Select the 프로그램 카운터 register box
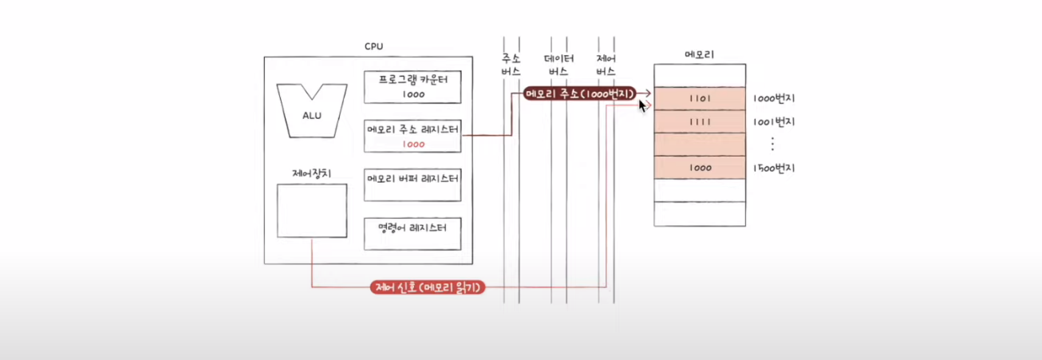click(412, 86)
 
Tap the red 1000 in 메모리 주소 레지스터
click(413, 144)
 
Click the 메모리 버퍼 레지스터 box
click(412, 184)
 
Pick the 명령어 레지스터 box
click(412, 233)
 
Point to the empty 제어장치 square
click(312, 211)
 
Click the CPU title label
click(373, 46)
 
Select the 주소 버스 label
click(511, 65)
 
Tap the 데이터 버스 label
click(558, 65)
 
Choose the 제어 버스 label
click(606, 65)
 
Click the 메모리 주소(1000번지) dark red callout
click(578, 93)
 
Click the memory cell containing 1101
click(700, 99)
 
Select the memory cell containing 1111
click(700, 122)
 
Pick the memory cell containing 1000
click(700, 168)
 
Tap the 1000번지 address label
click(773, 99)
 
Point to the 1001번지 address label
click(773, 122)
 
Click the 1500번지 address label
click(773, 168)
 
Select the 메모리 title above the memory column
click(700, 54)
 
